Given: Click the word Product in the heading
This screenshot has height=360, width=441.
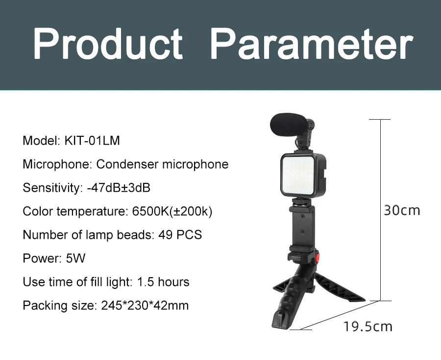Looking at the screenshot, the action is [x=108, y=44].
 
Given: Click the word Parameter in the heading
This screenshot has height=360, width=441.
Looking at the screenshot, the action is [x=312, y=44].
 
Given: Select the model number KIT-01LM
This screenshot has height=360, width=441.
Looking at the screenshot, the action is [x=92, y=140].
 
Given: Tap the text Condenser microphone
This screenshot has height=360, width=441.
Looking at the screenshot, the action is [x=162, y=164].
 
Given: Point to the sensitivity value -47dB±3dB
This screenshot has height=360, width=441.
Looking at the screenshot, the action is [x=119, y=188].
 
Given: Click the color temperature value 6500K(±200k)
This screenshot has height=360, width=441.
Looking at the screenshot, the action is [x=172, y=211].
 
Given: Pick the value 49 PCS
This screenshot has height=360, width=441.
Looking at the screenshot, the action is [x=180, y=235].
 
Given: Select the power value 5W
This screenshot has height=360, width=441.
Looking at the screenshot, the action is [x=75, y=258].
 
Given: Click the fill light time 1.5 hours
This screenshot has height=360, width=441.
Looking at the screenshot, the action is [x=163, y=282].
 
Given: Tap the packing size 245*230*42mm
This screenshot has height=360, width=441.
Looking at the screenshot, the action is [x=145, y=306].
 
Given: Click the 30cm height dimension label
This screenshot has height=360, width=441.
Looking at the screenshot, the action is [x=402, y=210].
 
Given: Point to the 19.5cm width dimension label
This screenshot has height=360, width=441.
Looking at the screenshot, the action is [x=367, y=327].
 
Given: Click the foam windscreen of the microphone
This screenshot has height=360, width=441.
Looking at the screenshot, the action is [x=286, y=125].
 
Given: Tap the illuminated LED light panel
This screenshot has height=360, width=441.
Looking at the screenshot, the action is [x=297, y=176].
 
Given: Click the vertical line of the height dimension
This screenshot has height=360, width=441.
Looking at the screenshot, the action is [x=380, y=210].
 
